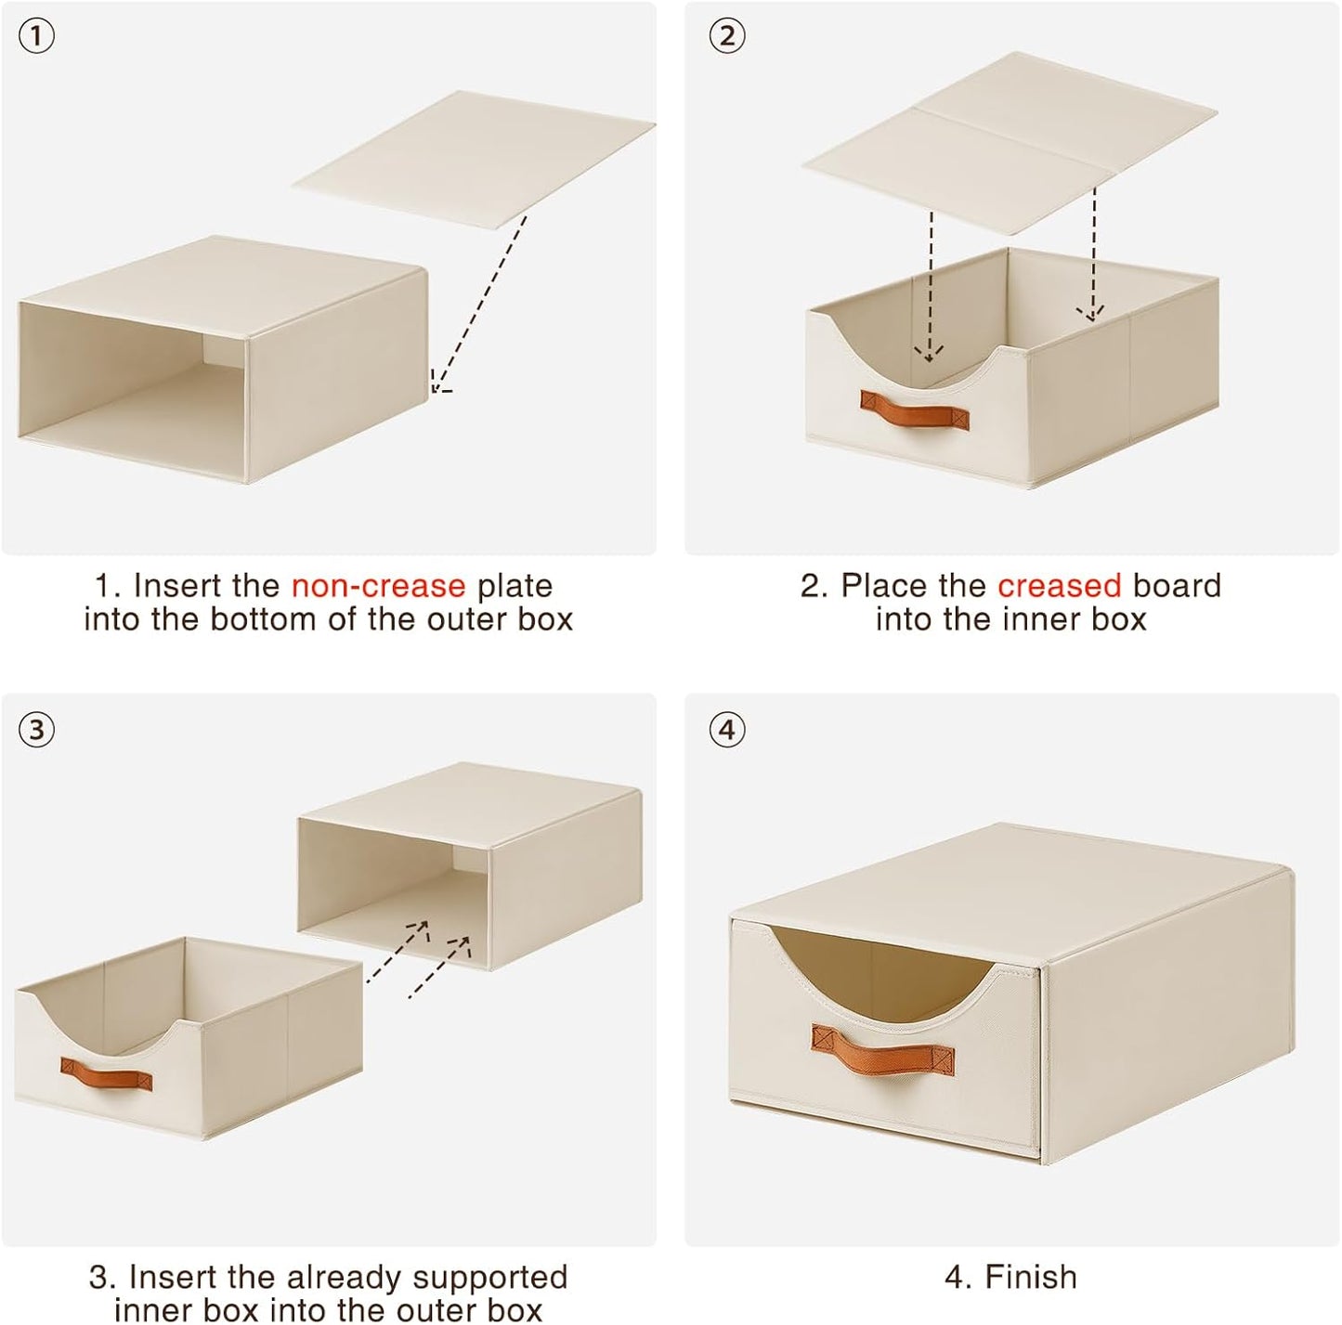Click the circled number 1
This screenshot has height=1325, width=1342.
36,36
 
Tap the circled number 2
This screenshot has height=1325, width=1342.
727,36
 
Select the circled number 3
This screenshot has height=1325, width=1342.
36,730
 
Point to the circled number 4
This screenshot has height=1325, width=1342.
727,730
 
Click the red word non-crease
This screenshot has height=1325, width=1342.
378,586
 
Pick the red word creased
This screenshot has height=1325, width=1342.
1060,586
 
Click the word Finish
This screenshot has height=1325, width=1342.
1030,1277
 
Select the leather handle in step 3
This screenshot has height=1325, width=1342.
107,1075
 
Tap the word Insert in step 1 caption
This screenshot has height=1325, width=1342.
176,586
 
